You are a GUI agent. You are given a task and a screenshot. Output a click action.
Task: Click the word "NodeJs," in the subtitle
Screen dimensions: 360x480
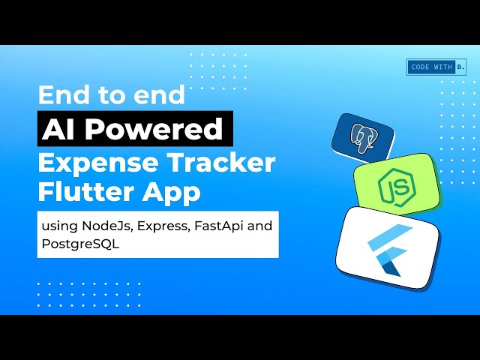click(x=100, y=224)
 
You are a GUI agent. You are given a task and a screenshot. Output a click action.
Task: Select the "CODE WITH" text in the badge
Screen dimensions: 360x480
click(x=430, y=67)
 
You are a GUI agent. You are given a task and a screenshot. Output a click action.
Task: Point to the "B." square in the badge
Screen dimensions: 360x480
click(x=460, y=67)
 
